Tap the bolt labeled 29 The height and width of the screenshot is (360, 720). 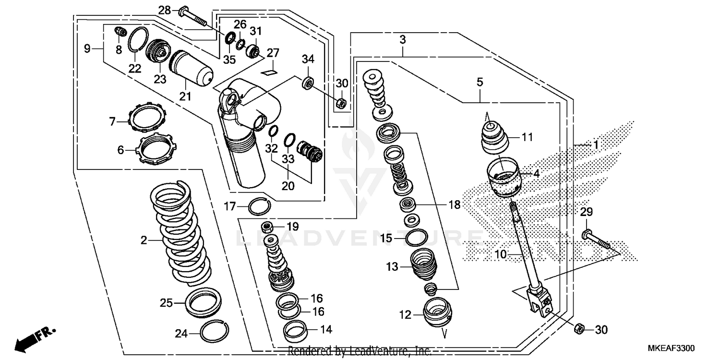598,240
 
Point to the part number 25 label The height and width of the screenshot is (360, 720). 166,303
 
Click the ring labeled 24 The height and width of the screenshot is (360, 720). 215,330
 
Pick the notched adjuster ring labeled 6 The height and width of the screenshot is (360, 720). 156,149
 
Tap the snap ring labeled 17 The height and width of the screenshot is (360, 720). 259,206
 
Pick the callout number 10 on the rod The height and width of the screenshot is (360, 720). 500,254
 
